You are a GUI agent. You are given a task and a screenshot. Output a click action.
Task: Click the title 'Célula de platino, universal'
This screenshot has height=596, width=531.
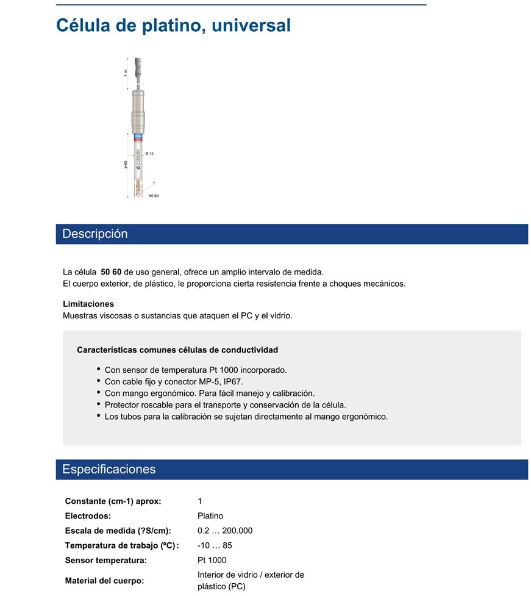tap(173, 26)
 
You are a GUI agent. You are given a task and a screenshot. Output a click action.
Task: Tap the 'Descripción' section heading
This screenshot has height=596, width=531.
tap(95, 234)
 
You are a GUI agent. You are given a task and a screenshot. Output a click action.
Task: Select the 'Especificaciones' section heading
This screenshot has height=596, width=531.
tap(109, 469)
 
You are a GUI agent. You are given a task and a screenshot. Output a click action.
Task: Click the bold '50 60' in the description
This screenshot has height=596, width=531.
tap(111, 271)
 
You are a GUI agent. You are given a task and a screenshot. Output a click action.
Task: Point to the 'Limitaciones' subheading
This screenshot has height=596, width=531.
tap(88, 304)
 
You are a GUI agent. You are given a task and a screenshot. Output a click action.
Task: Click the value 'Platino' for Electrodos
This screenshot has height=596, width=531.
tap(210, 515)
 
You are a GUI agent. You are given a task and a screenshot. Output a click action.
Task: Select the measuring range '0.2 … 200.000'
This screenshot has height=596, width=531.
tap(225, 530)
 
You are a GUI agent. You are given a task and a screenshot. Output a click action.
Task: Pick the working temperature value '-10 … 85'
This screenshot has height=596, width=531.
tap(215, 545)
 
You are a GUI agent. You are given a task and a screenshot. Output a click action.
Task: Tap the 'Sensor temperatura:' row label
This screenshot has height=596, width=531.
tap(105, 560)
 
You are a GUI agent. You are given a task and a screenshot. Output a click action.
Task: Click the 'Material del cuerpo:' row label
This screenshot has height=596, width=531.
tap(104, 581)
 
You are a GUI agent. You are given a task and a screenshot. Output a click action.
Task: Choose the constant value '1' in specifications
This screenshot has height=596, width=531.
tap(200, 501)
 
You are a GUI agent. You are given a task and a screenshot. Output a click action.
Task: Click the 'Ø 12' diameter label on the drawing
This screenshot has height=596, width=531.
tap(149, 154)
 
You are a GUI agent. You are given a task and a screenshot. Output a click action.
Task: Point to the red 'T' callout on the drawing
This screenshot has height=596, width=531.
tap(154, 183)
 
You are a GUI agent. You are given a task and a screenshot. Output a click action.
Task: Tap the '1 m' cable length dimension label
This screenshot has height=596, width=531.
tap(126, 72)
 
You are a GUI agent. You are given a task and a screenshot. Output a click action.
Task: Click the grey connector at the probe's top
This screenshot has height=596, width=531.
tap(138, 64)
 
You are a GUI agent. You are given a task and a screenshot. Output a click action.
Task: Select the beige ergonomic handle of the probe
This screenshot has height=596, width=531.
tap(138, 110)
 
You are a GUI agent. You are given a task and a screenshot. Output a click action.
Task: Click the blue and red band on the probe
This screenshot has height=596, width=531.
tap(138, 137)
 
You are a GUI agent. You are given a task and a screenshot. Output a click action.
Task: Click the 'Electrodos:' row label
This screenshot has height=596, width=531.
tap(88, 515)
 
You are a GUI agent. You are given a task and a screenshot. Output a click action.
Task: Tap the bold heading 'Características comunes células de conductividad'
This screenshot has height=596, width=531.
tap(177, 350)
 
